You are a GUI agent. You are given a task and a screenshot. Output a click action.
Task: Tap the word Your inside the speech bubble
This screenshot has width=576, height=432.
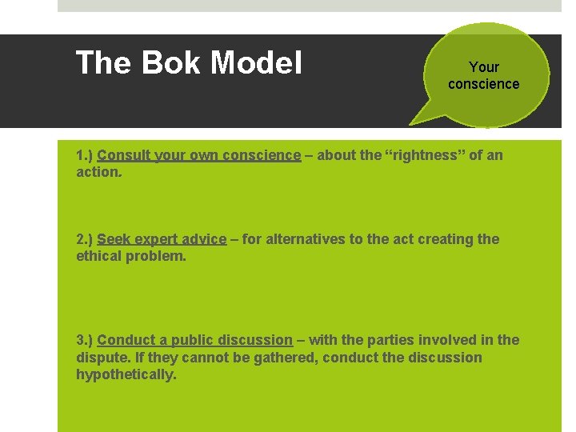484,67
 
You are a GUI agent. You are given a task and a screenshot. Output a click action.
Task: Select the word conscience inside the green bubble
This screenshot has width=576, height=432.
483,84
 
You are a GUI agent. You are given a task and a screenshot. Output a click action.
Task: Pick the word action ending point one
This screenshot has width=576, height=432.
98,172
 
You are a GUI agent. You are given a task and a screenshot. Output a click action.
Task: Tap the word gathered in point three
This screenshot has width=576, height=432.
286,357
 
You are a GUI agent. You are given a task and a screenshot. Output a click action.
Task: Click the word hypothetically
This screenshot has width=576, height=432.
126,374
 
